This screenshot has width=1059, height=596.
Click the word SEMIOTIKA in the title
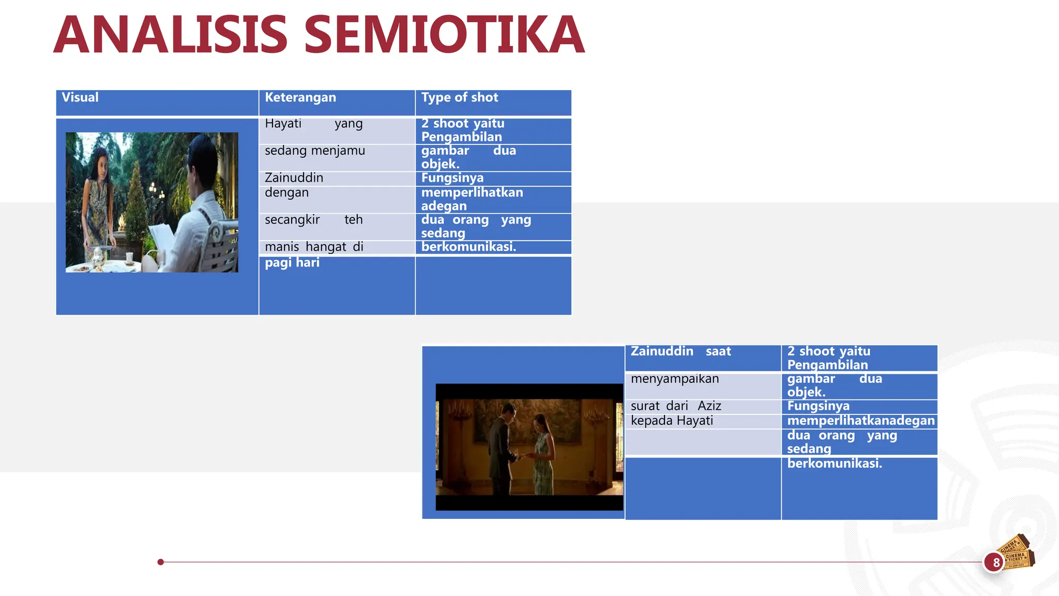tap(444, 35)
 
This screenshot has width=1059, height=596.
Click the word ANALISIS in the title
tap(171, 35)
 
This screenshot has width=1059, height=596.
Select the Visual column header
tap(80, 97)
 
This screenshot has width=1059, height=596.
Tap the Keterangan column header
tap(300, 97)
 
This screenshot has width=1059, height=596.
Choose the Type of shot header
tap(459, 97)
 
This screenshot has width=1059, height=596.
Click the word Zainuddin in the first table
tap(294, 178)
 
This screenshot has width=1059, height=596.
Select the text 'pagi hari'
tap(292, 263)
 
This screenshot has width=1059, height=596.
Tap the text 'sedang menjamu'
tap(314, 151)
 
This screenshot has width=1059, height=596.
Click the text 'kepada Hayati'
tap(672, 421)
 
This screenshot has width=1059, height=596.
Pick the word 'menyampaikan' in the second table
tap(675, 379)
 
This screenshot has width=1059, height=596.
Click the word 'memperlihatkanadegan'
tap(861, 421)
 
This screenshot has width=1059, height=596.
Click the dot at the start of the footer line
tap(161, 562)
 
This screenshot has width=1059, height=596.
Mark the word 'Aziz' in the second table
tap(709, 406)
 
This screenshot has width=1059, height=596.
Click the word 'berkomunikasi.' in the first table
tap(468, 247)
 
